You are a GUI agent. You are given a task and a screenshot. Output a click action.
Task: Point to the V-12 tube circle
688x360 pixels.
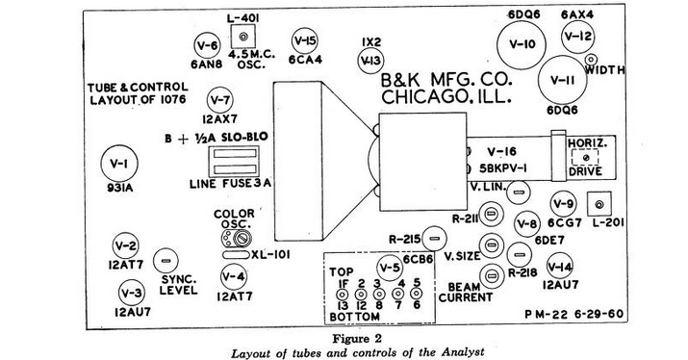click(x=578, y=37)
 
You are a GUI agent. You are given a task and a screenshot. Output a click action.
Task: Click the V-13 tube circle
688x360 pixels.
click(x=369, y=61)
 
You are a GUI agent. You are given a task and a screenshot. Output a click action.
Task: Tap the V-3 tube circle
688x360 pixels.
click(x=132, y=292)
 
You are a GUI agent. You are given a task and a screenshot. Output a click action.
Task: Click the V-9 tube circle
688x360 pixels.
click(x=564, y=204)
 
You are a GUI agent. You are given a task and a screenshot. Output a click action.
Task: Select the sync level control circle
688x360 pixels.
click(x=166, y=260)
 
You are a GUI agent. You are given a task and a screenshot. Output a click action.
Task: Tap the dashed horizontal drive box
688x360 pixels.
click(x=586, y=160)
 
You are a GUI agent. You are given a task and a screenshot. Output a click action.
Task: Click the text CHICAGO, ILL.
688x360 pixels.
click(x=446, y=97)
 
